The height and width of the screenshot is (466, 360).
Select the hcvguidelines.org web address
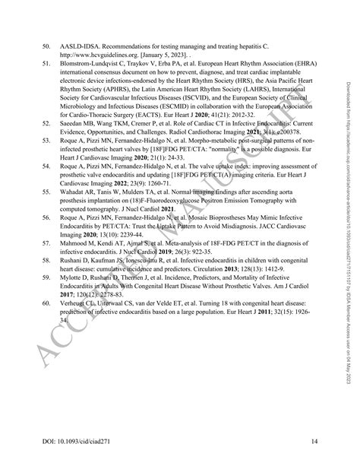[x=91, y=55]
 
